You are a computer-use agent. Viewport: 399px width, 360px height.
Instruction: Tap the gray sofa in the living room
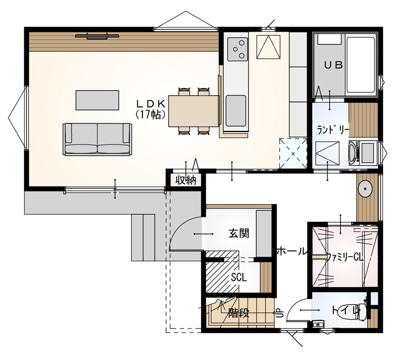pyautogui.click(x=97, y=139)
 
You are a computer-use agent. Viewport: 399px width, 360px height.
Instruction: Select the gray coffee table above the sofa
pyautogui.click(x=97, y=100)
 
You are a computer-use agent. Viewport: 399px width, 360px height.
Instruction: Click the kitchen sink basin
pyautogui.click(x=235, y=111)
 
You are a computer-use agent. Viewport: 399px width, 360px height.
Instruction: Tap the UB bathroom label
pyautogui.click(x=333, y=66)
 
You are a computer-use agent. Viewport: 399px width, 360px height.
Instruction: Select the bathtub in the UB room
pyautogui.click(x=361, y=64)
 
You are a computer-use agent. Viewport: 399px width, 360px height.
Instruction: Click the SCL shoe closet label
pyautogui.click(x=238, y=277)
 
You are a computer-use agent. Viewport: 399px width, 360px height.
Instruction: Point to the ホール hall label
pyautogui.click(x=291, y=251)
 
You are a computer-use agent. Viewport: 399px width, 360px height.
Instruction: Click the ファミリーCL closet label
pyautogui.click(x=344, y=257)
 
